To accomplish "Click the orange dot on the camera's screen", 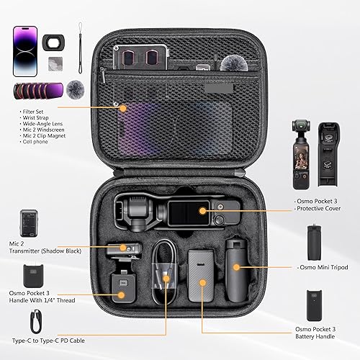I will click(204, 212).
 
